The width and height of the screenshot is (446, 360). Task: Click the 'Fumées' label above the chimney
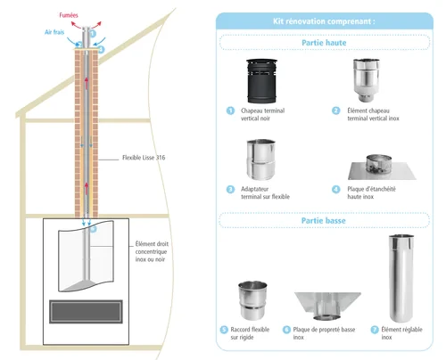(69, 15)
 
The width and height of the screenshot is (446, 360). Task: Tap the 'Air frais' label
(54, 32)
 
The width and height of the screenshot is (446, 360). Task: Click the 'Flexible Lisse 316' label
(144, 158)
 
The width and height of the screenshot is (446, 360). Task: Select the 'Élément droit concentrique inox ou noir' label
(152, 251)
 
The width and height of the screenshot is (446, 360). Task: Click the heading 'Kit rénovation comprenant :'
(324, 21)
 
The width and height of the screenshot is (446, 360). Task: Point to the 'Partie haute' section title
(324, 43)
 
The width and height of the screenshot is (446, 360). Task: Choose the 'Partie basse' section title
(324, 221)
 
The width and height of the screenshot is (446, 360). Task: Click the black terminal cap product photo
(261, 81)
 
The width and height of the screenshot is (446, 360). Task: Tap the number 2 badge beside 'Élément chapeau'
(336, 110)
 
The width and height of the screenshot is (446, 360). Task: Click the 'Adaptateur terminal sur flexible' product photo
(261, 160)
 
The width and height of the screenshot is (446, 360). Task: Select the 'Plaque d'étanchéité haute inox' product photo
(382, 168)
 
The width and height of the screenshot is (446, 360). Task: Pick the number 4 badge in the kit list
(336, 189)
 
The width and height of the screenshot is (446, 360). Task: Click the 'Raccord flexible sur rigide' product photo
(252, 300)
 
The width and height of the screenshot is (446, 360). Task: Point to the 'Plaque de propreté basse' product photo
(327, 306)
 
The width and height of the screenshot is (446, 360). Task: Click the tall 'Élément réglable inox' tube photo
(401, 278)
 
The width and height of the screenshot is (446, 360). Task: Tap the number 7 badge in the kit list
(375, 330)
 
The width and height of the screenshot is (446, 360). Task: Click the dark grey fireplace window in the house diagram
(86, 312)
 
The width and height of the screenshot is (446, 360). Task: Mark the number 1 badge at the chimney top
(93, 34)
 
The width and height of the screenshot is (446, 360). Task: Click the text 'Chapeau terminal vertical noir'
(263, 114)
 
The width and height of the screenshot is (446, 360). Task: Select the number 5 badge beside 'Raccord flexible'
(224, 330)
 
